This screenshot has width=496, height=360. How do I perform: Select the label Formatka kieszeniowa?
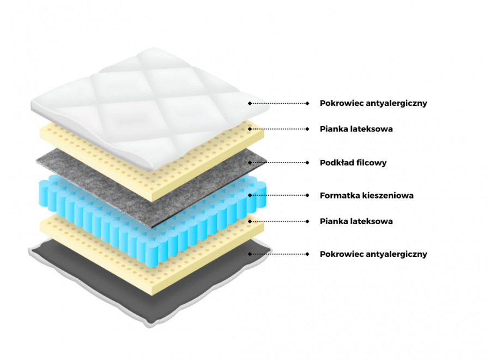coord(366,195)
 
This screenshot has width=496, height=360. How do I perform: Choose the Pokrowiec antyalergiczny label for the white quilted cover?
coord(373,103)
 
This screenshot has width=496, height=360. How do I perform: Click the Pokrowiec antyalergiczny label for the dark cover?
coord(373,254)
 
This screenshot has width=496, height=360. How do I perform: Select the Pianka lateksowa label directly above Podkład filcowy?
coord(356,129)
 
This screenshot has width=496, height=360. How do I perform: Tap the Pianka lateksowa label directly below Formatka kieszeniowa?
coord(356,221)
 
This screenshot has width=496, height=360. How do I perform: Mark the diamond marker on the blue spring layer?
coord(250,195)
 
